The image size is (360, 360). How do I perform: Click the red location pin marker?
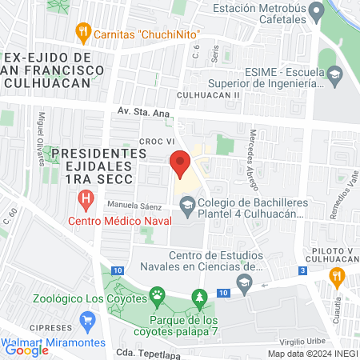pos(180,164)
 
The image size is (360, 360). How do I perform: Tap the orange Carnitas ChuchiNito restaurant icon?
pos(82,33)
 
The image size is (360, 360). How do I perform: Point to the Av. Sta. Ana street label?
pos(144,113)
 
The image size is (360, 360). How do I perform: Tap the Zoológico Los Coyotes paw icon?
pos(157,295)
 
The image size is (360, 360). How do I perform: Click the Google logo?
pos(26,350)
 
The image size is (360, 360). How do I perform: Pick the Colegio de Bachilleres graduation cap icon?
pos(186,207)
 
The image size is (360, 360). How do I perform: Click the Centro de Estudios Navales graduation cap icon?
pos(245,281)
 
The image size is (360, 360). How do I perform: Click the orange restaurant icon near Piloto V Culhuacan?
pos(337,277)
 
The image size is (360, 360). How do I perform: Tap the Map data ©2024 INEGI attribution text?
pos(312,354)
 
